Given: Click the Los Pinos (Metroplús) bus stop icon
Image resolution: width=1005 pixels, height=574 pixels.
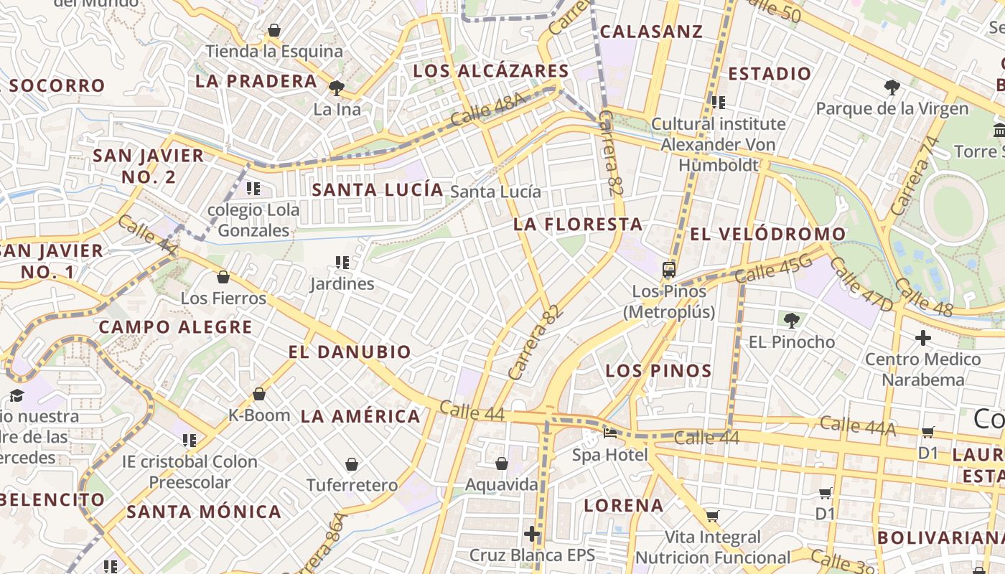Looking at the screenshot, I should pyautogui.click(x=669, y=270).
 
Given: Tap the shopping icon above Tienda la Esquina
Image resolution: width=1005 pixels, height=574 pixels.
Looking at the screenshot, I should pyautogui.click(x=274, y=30).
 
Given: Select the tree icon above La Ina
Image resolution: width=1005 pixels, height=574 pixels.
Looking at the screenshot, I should pyautogui.click(x=336, y=88).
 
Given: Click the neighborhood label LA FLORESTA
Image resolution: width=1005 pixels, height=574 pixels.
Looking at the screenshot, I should pyautogui.click(x=578, y=225).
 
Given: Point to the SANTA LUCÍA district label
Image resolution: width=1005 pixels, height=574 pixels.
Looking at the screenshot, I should pyautogui.click(x=378, y=190).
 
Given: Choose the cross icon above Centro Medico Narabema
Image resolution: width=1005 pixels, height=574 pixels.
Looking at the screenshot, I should pyautogui.click(x=923, y=337).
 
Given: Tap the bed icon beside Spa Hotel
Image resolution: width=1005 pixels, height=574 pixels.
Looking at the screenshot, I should pyautogui.click(x=610, y=433).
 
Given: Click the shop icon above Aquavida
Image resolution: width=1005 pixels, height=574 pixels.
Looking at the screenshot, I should pyautogui.click(x=502, y=464).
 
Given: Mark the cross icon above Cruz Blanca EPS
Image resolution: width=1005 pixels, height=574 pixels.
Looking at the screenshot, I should pyautogui.click(x=532, y=534).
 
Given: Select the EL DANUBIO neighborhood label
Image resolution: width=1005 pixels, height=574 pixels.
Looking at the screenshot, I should pyautogui.click(x=350, y=352).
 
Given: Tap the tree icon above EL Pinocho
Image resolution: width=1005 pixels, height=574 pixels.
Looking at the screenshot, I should pyautogui.click(x=792, y=320).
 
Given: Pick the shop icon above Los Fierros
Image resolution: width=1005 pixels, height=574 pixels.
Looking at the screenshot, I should pyautogui.click(x=223, y=277).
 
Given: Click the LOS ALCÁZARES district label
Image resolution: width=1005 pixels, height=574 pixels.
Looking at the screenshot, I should pyautogui.click(x=491, y=71).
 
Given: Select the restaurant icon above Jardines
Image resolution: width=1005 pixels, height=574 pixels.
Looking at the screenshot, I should pyautogui.click(x=342, y=263).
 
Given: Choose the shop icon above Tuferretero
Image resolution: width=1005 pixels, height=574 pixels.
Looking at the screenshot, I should pyautogui.click(x=352, y=464).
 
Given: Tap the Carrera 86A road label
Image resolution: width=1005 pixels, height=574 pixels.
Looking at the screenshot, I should pyautogui.click(x=329, y=543).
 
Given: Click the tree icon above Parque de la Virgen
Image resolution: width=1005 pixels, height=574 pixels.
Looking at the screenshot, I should pyautogui.click(x=892, y=88).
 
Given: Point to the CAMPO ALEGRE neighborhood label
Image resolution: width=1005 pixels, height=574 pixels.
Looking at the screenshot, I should pyautogui.click(x=175, y=327).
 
